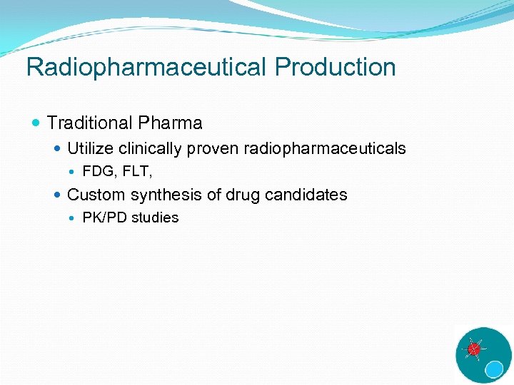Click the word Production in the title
tap(335, 67)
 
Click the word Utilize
tap(91, 148)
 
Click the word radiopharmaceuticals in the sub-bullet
tap(325, 148)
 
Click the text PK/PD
tap(105, 217)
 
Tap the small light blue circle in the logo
tap(494, 369)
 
